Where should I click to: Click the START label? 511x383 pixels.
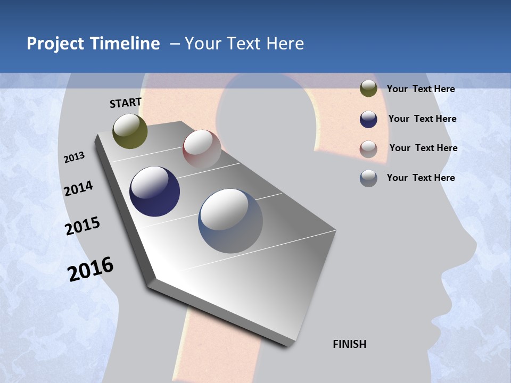[x=126, y=103]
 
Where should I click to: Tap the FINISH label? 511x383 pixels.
[x=349, y=344]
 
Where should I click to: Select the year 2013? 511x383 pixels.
[x=74, y=157]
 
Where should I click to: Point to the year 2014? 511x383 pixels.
[x=78, y=188]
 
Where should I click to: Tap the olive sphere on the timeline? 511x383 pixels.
[x=130, y=131]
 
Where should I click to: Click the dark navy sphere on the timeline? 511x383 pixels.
[x=154, y=191]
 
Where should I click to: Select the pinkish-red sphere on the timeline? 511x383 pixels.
[x=202, y=149]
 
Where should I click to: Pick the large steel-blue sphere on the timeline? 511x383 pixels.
[x=230, y=221]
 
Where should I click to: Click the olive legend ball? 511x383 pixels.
[x=368, y=89]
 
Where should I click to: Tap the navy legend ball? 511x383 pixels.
[x=368, y=119]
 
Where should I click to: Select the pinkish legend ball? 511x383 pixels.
[x=368, y=148]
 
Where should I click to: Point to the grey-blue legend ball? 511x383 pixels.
[x=368, y=178]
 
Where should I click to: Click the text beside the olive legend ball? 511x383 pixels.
[x=421, y=89]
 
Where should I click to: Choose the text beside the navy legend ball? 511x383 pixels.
[x=422, y=119]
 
